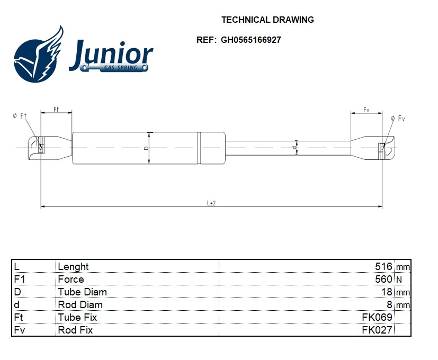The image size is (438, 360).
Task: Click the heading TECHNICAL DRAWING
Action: pos(267,20)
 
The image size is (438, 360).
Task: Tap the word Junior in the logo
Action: pos(111,54)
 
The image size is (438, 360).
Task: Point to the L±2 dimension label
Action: pos(211,203)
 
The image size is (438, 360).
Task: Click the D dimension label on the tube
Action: pos(146,148)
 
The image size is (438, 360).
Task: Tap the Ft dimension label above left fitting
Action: pos(56,109)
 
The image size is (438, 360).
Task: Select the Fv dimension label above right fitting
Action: pos(366,110)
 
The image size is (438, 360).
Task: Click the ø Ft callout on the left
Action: pos(20,116)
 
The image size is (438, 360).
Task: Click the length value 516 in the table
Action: pos(383,266)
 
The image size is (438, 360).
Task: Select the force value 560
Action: pos(383,279)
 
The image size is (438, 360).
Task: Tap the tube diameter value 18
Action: pos(386,292)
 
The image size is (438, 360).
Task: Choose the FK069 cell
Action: pos(377,317)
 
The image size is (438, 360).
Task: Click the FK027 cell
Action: pos(377,330)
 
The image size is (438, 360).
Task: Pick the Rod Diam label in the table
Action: pos(80,304)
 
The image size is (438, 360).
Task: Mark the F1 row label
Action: pos(19,279)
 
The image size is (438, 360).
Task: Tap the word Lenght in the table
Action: pos(73,266)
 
